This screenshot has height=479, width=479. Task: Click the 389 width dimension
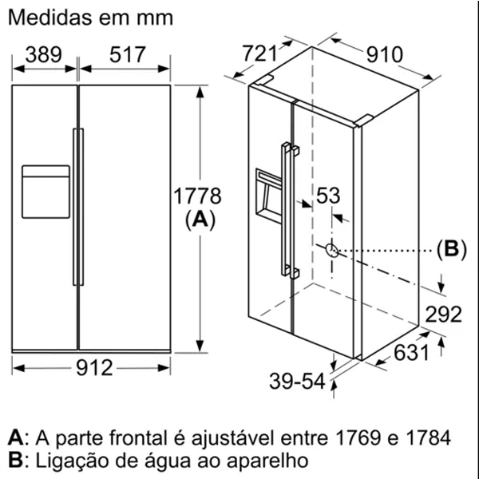point(44,54)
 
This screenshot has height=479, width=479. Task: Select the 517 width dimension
point(128,54)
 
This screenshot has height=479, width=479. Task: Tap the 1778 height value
point(197,196)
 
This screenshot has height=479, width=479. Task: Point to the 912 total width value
point(94,367)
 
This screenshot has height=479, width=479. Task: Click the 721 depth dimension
point(259,53)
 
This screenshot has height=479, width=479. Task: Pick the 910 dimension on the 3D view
point(385,54)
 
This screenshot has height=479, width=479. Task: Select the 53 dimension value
point(328,196)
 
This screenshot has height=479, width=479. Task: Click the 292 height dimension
point(443,314)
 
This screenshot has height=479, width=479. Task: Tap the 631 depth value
point(411,352)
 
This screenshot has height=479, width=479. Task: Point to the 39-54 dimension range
point(297,381)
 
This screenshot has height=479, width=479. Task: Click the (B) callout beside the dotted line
point(452,249)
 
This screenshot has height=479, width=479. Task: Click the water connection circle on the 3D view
point(332,251)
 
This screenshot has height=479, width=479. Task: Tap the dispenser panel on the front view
point(46,192)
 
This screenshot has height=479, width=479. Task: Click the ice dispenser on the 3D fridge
point(268,196)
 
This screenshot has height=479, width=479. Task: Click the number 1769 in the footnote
point(358,437)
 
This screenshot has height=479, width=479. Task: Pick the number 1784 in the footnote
point(428,437)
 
